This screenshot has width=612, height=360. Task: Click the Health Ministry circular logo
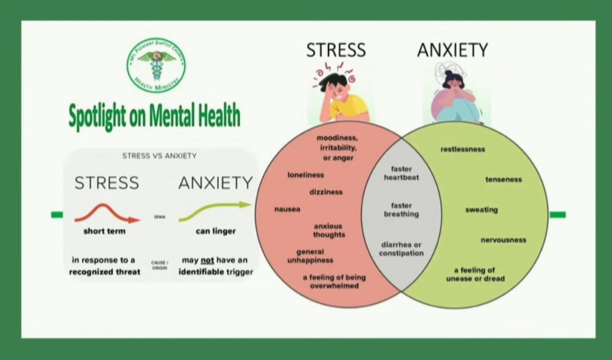click(156, 66)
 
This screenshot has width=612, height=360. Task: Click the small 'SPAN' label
click(160, 217)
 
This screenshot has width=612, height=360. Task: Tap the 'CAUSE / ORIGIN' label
click(160, 265)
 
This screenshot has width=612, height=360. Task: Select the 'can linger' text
click(216, 231)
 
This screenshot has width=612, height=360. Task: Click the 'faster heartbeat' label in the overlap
click(401, 173)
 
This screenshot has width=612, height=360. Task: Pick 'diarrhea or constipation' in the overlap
click(401, 249)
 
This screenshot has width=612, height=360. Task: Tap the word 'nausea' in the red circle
click(287, 209)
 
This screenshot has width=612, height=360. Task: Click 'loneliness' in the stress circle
click(305, 175)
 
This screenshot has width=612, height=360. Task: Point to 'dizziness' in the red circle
click(326, 192)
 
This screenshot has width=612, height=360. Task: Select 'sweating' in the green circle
click(481, 210)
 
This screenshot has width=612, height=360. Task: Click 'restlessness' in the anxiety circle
click(463, 149)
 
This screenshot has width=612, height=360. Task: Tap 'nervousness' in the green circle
click(503, 240)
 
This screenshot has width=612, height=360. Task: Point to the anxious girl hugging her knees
click(453, 97)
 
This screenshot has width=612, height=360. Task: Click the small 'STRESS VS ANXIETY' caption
click(160, 156)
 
